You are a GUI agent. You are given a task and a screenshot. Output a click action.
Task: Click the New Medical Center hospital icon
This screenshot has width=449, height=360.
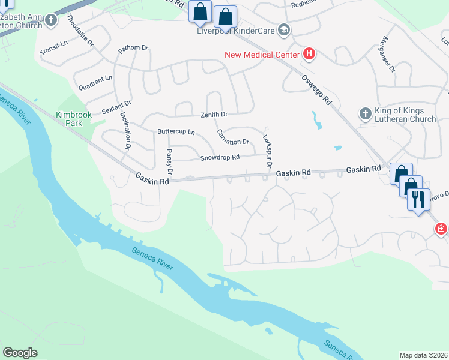309,55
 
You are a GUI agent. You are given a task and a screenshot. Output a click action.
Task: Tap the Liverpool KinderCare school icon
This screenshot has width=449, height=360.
285,31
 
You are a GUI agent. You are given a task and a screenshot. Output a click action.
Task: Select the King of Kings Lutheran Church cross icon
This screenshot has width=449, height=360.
365,114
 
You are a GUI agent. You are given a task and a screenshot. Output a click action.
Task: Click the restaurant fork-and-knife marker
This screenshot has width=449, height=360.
419,199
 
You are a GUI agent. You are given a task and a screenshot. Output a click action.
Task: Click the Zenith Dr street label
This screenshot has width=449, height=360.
214,114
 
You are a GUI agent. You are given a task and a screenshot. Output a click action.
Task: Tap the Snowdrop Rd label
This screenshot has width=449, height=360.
220,157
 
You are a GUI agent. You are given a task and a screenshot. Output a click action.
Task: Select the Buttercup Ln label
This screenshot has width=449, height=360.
176,131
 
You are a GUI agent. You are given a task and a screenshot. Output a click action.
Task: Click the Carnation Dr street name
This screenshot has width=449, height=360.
233,137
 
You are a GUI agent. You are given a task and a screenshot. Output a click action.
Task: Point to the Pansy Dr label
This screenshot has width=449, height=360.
170,163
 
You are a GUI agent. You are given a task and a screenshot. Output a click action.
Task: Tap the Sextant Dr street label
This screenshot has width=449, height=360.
116,107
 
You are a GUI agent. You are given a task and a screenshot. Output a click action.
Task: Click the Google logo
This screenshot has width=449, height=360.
20,352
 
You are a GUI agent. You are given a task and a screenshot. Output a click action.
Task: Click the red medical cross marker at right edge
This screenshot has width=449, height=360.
441,229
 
